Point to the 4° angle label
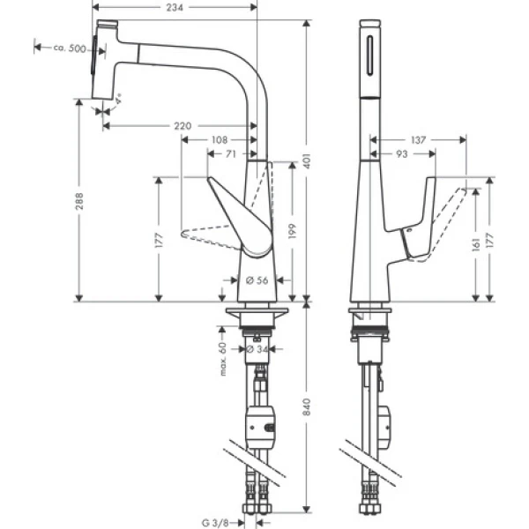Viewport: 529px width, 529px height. point(120,100)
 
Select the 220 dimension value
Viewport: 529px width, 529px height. point(182,127)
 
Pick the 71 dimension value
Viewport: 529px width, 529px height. point(229,153)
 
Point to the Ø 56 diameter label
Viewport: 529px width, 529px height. point(257,280)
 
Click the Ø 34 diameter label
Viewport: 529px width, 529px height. point(257,350)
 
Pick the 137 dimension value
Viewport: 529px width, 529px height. point(419,139)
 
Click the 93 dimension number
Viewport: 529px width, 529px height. point(402,154)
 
